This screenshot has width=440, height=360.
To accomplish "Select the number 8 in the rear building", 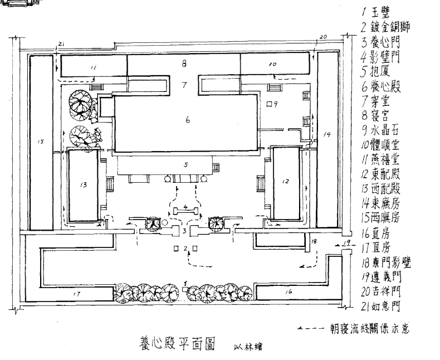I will click(x=183, y=64).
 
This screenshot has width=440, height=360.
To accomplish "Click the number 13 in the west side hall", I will click(x=84, y=184).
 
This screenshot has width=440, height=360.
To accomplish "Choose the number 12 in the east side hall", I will click(x=286, y=181).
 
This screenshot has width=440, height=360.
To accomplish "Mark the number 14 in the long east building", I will click(x=327, y=135).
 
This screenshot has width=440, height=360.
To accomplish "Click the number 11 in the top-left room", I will click(x=93, y=67).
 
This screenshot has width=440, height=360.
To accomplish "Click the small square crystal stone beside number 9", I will click(x=269, y=104).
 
